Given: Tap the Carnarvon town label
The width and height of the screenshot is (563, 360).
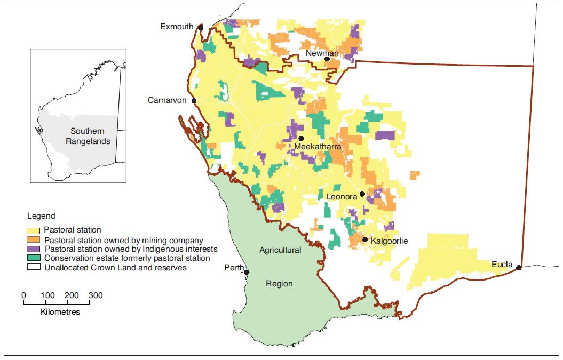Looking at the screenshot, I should tap(169, 100).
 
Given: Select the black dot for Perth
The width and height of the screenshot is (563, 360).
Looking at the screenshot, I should tap(247, 273).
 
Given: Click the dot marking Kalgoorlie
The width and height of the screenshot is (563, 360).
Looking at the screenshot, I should tap(365, 240).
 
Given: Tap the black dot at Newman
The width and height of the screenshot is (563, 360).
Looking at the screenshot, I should tap(327, 59).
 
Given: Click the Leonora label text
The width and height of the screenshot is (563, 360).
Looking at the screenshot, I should tap(342, 196).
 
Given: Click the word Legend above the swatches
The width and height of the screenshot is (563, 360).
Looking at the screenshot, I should tap(41, 216).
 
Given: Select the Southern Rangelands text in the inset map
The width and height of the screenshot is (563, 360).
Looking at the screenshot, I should tap(88, 137).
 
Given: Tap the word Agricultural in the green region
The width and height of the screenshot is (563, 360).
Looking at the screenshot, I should tap(280, 250).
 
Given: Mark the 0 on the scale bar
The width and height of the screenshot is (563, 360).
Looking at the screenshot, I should tap(23, 295).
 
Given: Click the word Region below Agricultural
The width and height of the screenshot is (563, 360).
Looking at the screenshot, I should tap(279, 284).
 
